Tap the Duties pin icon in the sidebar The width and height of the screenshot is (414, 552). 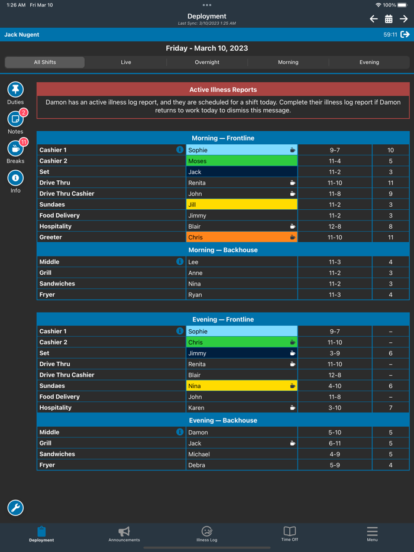pos(15,89)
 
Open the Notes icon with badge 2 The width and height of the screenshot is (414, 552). pos(15,119)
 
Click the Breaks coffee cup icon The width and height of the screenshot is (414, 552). pos(15,148)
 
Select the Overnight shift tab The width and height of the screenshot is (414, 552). pos(207,62)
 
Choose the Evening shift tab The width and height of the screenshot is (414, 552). pos(369,62)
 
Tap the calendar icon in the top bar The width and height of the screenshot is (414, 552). pos(389,19)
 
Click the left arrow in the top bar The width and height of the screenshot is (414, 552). pos(374,19)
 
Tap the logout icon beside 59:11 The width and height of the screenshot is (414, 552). pos(405,35)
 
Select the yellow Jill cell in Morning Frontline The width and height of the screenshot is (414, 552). pos(241,204)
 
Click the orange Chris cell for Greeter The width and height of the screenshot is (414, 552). pos(241,237)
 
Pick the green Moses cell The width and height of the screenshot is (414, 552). pos(241,161)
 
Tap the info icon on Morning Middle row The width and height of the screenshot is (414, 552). pos(180,261)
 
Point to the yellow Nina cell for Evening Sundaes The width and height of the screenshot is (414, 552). pos(241,386)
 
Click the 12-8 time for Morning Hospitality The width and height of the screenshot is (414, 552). pos(335,226)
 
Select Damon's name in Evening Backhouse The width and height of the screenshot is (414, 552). pos(198,433)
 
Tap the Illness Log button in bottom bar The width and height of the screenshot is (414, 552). pos(206,534)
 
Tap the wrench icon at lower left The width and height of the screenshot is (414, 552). pos(15,508)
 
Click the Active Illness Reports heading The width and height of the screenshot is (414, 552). pos(223,90)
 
